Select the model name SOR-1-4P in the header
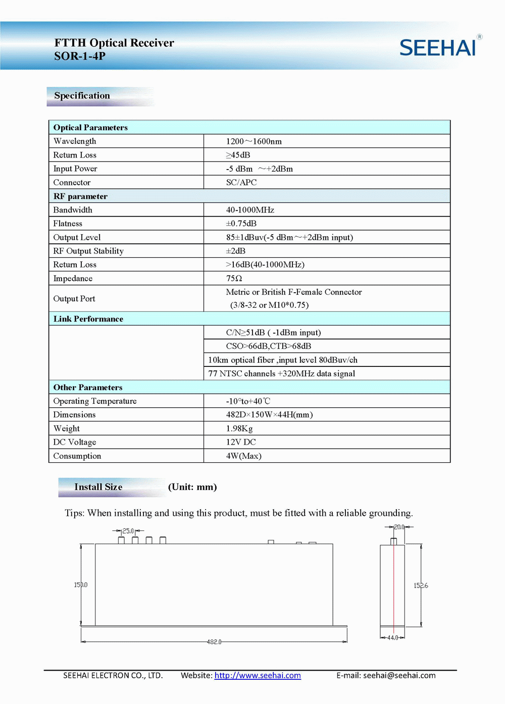pyautogui.click(x=80, y=56)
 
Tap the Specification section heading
pyautogui.click(x=82, y=95)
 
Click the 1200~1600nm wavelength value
pyautogui.click(x=254, y=141)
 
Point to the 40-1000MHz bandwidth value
pyautogui.click(x=250, y=210)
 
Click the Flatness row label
pyautogui.click(x=68, y=224)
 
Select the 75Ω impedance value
pyautogui.click(x=234, y=279)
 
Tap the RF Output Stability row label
pyautogui.click(x=88, y=251)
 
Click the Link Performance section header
pyautogui.click(x=88, y=319)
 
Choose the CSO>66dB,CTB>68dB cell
pyautogui.click(x=268, y=346)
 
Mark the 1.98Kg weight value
pyautogui.click(x=239, y=428)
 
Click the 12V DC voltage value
pyautogui.click(x=241, y=442)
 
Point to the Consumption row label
pyautogui.click(x=77, y=456)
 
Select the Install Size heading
pyautogui.click(x=98, y=487)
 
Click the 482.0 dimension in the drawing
pyautogui.click(x=214, y=642)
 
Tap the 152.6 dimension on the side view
pyautogui.click(x=421, y=585)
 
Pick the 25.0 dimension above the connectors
pyautogui.click(x=128, y=531)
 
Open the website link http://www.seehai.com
pyautogui.click(x=258, y=675)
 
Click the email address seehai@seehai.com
pyautogui.click(x=399, y=675)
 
